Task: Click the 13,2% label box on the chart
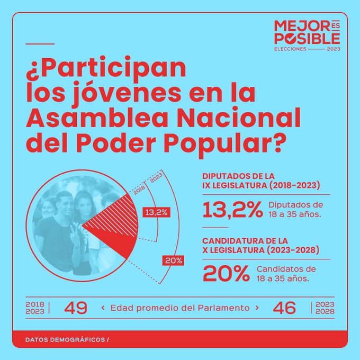(x=156, y=213)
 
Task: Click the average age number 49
(x=75, y=308)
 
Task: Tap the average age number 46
(x=284, y=308)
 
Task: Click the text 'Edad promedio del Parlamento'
(x=180, y=308)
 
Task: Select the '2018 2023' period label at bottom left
(x=35, y=308)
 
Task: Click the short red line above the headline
(x=40, y=43)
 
